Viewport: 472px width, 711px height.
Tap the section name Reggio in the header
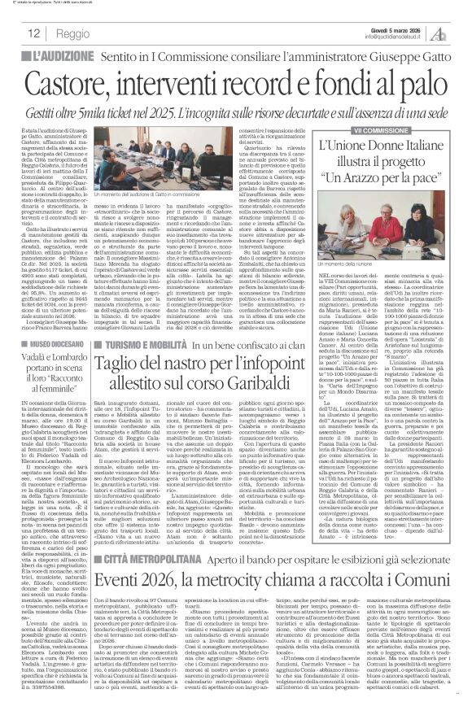[72, 34]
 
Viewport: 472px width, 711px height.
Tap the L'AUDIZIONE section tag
[60, 58]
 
